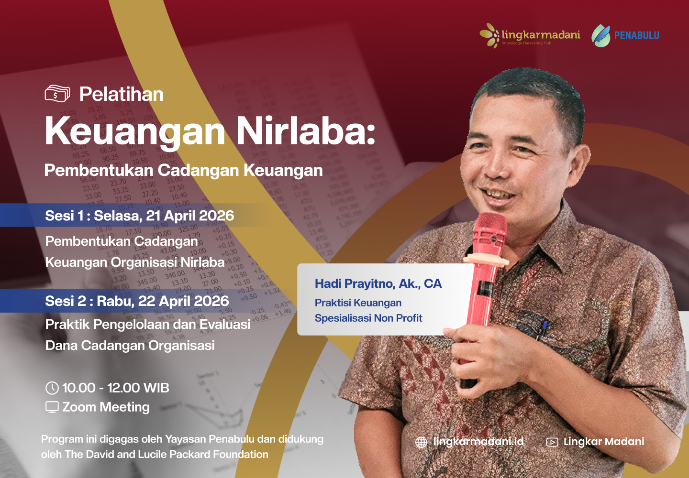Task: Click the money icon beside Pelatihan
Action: (57, 94)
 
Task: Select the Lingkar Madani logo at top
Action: (530, 35)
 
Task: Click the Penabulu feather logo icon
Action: (600, 35)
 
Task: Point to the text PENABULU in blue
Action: (636, 35)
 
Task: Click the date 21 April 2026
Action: (190, 216)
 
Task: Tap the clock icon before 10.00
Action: (52, 388)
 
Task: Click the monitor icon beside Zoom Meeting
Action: (52, 407)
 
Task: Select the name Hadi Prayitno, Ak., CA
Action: (378, 284)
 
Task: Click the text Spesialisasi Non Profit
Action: (368, 318)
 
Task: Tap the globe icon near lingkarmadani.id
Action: (421, 442)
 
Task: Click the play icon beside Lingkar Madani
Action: (552, 442)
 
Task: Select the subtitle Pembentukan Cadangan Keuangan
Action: (183, 170)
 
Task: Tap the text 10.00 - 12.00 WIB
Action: (116, 388)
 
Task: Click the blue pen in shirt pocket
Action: (544, 327)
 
